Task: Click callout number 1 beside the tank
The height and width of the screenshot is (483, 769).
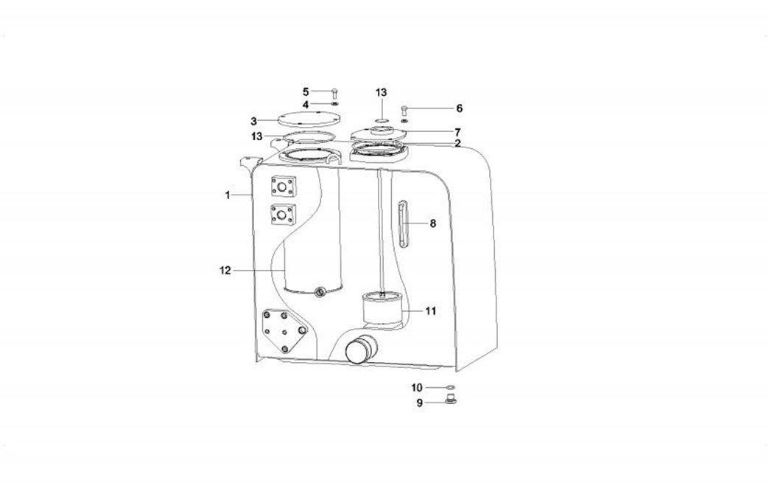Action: coord(228,195)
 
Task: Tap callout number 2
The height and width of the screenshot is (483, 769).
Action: coord(457,143)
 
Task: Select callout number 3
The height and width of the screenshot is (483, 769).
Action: coord(253,121)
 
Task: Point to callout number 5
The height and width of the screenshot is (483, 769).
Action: coord(306,91)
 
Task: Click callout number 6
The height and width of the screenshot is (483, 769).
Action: coord(459,108)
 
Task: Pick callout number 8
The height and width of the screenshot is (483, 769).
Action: coord(432,223)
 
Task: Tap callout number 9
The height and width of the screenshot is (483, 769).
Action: coord(419,403)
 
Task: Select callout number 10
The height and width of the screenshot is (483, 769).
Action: coord(416,388)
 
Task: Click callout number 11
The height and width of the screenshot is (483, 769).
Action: coord(431,310)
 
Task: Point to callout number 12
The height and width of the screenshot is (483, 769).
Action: coord(225,270)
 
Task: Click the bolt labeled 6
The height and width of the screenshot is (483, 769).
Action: coord(404,111)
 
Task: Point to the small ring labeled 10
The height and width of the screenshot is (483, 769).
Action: coord(451,388)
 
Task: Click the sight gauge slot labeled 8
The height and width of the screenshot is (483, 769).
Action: coord(403,224)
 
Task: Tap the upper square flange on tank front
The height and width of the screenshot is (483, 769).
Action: coord(284,187)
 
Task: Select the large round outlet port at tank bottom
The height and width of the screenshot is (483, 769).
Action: coord(362,349)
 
